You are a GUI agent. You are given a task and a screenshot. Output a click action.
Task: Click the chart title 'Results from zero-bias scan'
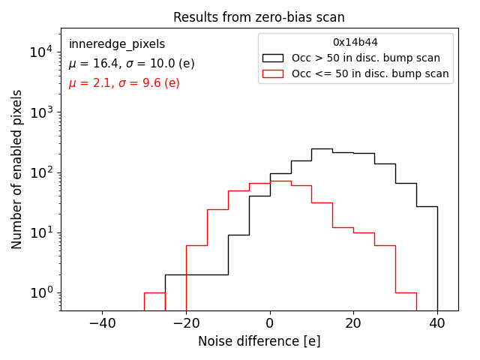[259, 17]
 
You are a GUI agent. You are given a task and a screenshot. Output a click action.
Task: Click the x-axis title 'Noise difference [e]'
[259, 341]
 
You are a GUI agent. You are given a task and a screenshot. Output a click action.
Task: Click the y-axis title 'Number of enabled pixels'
[17, 169]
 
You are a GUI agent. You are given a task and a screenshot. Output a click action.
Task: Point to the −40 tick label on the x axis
[102, 323]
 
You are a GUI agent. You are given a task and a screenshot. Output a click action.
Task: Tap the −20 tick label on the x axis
[186, 323]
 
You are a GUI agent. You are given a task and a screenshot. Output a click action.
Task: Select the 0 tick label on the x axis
[270, 323]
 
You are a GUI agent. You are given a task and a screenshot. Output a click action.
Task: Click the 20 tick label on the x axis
[353, 323]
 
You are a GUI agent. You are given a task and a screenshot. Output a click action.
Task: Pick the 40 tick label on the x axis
[437, 323]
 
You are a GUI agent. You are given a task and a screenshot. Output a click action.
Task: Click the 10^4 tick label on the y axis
[40, 52]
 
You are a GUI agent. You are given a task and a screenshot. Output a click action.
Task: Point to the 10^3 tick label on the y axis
[40, 112]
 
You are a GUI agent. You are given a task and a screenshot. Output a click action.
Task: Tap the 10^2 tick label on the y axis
[40, 172]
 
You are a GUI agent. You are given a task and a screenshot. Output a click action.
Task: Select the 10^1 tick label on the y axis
[40, 232]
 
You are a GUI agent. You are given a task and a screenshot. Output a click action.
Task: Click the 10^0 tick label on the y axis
[40, 292]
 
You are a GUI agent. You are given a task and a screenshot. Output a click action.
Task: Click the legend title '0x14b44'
[355, 43]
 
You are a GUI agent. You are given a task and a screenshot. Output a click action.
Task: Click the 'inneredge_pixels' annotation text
[117, 44]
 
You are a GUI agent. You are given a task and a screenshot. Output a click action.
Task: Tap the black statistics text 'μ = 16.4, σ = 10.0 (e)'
[131, 64]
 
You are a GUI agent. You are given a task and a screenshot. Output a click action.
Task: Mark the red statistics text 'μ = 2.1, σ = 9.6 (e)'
[124, 83]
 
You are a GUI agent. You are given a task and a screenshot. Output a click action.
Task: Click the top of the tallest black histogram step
[322, 148]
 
